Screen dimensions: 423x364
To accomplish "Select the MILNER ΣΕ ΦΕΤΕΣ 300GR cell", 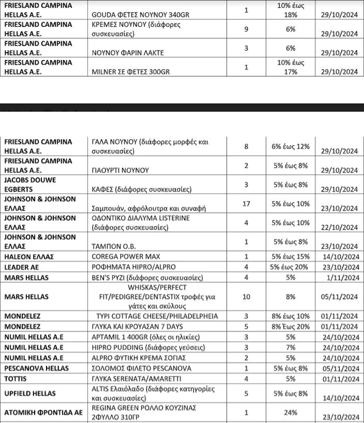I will point(131,71).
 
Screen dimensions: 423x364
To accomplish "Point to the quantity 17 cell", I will point(246,203).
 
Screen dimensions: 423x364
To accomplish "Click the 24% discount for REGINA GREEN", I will point(291,412).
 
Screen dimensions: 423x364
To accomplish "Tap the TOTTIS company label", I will point(17,379).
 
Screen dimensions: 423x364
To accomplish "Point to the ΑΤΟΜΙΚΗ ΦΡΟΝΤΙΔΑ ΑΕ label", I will point(43,412).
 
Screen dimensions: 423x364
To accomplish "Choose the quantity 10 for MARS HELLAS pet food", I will point(246,296).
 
